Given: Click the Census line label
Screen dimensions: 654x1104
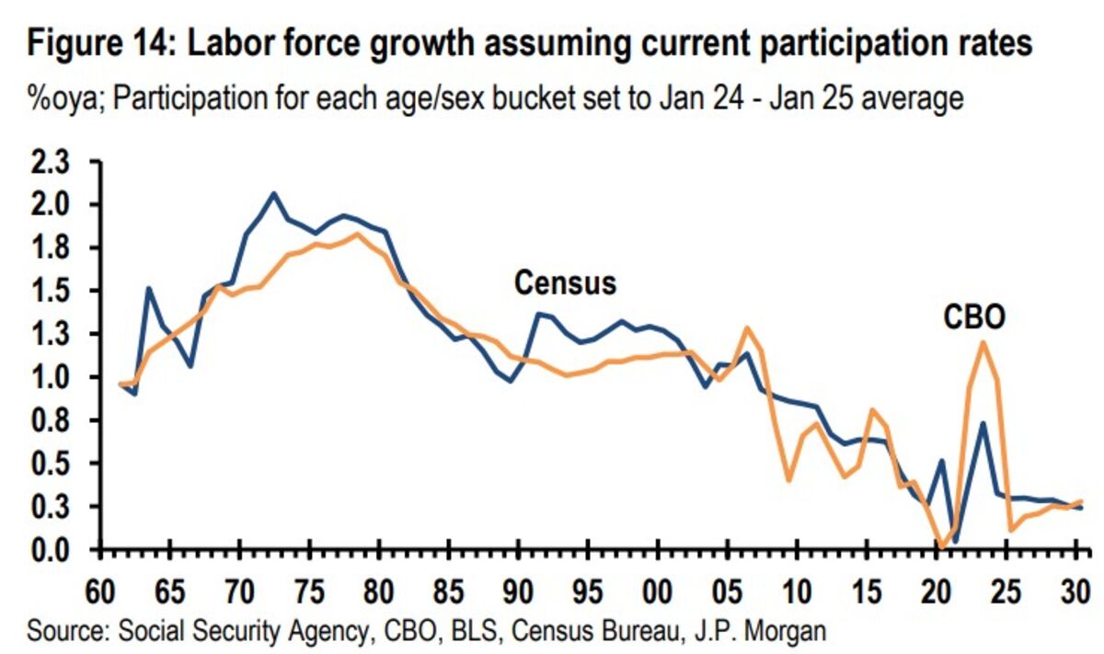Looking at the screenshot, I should pyautogui.click(x=564, y=282).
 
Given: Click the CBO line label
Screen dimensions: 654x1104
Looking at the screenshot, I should pyautogui.click(x=974, y=317).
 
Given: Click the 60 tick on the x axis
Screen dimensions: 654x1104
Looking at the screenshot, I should pyautogui.click(x=99, y=587).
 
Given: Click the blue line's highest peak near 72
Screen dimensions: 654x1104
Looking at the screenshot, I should pyautogui.click(x=273, y=193).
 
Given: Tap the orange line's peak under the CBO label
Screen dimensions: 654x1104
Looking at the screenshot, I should pyautogui.click(x=983, y=342).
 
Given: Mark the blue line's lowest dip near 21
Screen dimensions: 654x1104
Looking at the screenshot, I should pyautogui.click(x=955, y=541).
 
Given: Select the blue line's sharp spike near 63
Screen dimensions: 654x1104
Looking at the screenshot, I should pyautogui.click(x=149, y=289).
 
